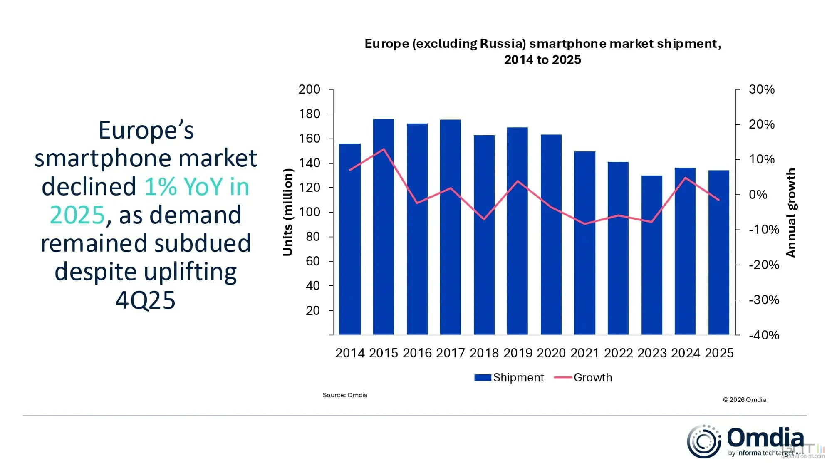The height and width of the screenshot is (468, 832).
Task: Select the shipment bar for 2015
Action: coord(383,227)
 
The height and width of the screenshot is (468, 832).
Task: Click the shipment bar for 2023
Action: coord(652,255)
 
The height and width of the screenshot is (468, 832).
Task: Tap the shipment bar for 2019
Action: coord(518,231)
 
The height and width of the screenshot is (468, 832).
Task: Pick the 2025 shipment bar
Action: coord(719,253)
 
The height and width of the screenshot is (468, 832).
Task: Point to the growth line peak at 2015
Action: coord(384,149)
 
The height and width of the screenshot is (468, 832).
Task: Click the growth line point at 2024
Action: coord(685,178)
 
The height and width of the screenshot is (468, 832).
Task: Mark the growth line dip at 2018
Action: coord(484,219)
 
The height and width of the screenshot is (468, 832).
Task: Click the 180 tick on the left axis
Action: coord(310,114)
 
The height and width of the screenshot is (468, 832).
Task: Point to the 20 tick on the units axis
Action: coord(313,310)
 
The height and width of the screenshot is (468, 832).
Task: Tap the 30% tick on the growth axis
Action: coord(762,89)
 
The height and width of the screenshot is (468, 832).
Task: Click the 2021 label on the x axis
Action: coord(584,353)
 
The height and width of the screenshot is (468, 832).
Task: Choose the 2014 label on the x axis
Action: coord(350,353)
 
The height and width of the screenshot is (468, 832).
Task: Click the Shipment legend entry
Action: coord(509,378)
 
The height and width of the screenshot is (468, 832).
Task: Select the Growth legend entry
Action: coord(583,378)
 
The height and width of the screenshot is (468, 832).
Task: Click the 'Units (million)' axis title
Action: coord(288,212)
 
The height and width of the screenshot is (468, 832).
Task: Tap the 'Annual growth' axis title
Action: coord(791,213)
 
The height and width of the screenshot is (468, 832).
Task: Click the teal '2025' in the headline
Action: coord(77,215)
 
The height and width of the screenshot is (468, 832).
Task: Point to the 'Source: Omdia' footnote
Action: coord(345,395)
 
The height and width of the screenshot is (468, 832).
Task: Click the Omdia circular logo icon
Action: coord(704,441)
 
